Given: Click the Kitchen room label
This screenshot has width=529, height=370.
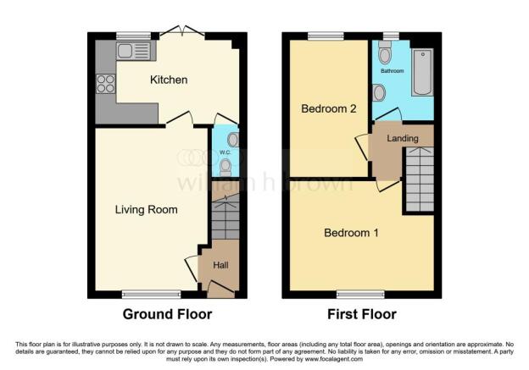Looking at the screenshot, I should coord(168,80).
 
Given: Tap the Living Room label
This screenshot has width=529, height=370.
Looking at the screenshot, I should coord(146,209).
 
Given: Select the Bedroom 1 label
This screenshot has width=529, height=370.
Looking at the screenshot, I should coord(350,233).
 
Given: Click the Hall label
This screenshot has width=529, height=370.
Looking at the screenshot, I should coord(220,265).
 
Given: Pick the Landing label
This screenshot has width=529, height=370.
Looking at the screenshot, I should coord(401,137).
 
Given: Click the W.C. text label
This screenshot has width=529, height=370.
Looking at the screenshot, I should coord(225,153).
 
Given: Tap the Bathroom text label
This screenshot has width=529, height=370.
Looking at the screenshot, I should coord(392,72).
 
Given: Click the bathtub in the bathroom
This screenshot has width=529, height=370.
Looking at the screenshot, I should coord(421,73).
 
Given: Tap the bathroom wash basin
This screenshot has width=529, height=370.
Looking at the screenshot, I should coord(378,91).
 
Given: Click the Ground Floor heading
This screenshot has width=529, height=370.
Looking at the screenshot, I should coord(167,314).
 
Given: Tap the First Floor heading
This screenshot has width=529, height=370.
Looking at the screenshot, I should coord(362,314).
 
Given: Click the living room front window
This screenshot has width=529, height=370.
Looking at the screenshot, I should coord(150,295).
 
